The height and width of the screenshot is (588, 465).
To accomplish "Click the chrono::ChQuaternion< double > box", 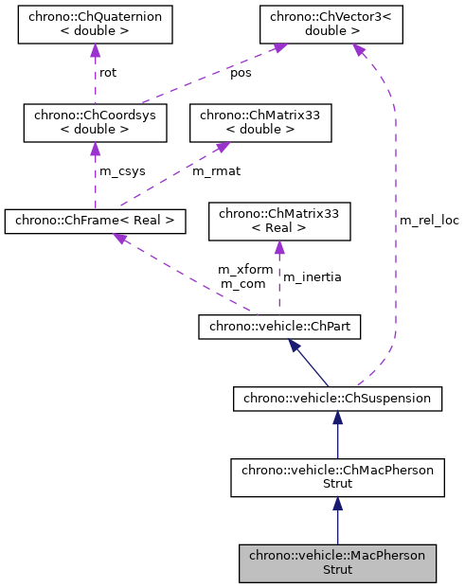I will (x=95, y=25).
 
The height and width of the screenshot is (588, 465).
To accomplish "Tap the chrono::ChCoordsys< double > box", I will (x=95, y=123).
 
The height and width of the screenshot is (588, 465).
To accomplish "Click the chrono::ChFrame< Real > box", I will (x=95, y=222).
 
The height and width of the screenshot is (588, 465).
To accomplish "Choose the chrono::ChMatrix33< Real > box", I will (x=278, y=222).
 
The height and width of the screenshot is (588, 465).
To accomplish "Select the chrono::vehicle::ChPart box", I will (x=278, y=328).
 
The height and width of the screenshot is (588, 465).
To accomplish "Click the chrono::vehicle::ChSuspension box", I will (x=337, y=399).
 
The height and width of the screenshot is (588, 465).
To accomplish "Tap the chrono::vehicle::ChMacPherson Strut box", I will (x=337, y=477).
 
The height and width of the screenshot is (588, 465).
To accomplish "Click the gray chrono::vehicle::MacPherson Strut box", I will (x=337, y=562).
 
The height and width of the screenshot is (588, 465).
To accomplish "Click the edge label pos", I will (x=241, y=74).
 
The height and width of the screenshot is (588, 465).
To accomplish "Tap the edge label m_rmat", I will (x=213, y=172).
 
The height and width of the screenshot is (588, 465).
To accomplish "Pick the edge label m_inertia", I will (x=313, y=277).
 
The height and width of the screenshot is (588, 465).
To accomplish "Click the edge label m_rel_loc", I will (x=429, y=221).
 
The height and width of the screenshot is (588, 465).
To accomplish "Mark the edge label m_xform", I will (x=245, y=270).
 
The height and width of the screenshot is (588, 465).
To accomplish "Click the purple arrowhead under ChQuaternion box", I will (x=95, y=51).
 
